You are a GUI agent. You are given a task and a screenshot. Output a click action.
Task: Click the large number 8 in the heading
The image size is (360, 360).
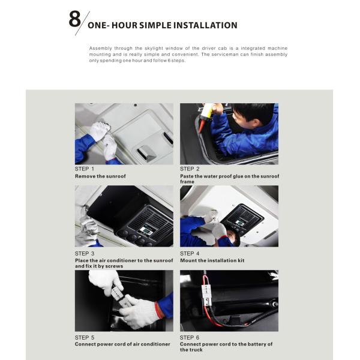click(74, 19)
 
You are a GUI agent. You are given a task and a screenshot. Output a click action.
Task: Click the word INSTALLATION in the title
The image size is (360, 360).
click(205, 25)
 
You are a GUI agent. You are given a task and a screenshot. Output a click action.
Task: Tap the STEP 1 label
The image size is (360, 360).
click(84, 169)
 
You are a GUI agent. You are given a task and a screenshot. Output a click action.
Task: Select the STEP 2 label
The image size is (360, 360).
click(190, 169)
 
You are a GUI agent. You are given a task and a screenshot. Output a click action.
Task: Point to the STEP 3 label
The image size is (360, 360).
click(85, 253)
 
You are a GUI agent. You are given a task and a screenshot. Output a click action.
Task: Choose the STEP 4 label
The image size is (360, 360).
click(190, 253)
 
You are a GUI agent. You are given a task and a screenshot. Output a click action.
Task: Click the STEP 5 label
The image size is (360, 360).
click(85, 337)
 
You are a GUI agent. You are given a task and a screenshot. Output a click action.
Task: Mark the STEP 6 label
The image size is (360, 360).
click(190, 337)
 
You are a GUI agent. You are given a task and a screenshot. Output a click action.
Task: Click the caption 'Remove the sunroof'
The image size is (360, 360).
click(100, 176)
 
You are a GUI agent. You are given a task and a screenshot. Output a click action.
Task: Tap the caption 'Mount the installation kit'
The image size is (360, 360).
click(212, 260)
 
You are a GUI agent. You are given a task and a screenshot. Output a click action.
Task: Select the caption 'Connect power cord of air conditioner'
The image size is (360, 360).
click(122, 344)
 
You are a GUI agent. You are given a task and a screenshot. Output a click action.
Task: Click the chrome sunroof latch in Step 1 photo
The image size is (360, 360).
click(146, 152)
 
